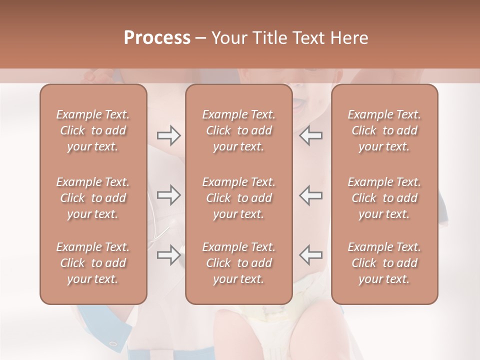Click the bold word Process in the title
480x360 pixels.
point(157,38)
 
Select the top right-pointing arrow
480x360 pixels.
point(168,135)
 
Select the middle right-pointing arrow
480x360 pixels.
point(168,195)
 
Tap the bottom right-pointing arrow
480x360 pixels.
point(168,255)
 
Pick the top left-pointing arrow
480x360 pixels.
point(311,135)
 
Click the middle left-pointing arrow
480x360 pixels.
point(311,195)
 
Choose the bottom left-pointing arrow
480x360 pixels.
point(311,255)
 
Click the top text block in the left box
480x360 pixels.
point(93,130)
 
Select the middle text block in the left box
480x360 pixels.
point(93,198)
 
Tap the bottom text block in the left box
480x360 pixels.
point(93,263)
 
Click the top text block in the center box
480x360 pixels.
point(238,130)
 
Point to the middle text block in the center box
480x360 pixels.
point(238,198)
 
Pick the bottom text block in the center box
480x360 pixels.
point(238,263)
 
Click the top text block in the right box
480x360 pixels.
point(384,130)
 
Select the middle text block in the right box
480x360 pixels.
point(384,198)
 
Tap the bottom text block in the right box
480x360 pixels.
point(384,263)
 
